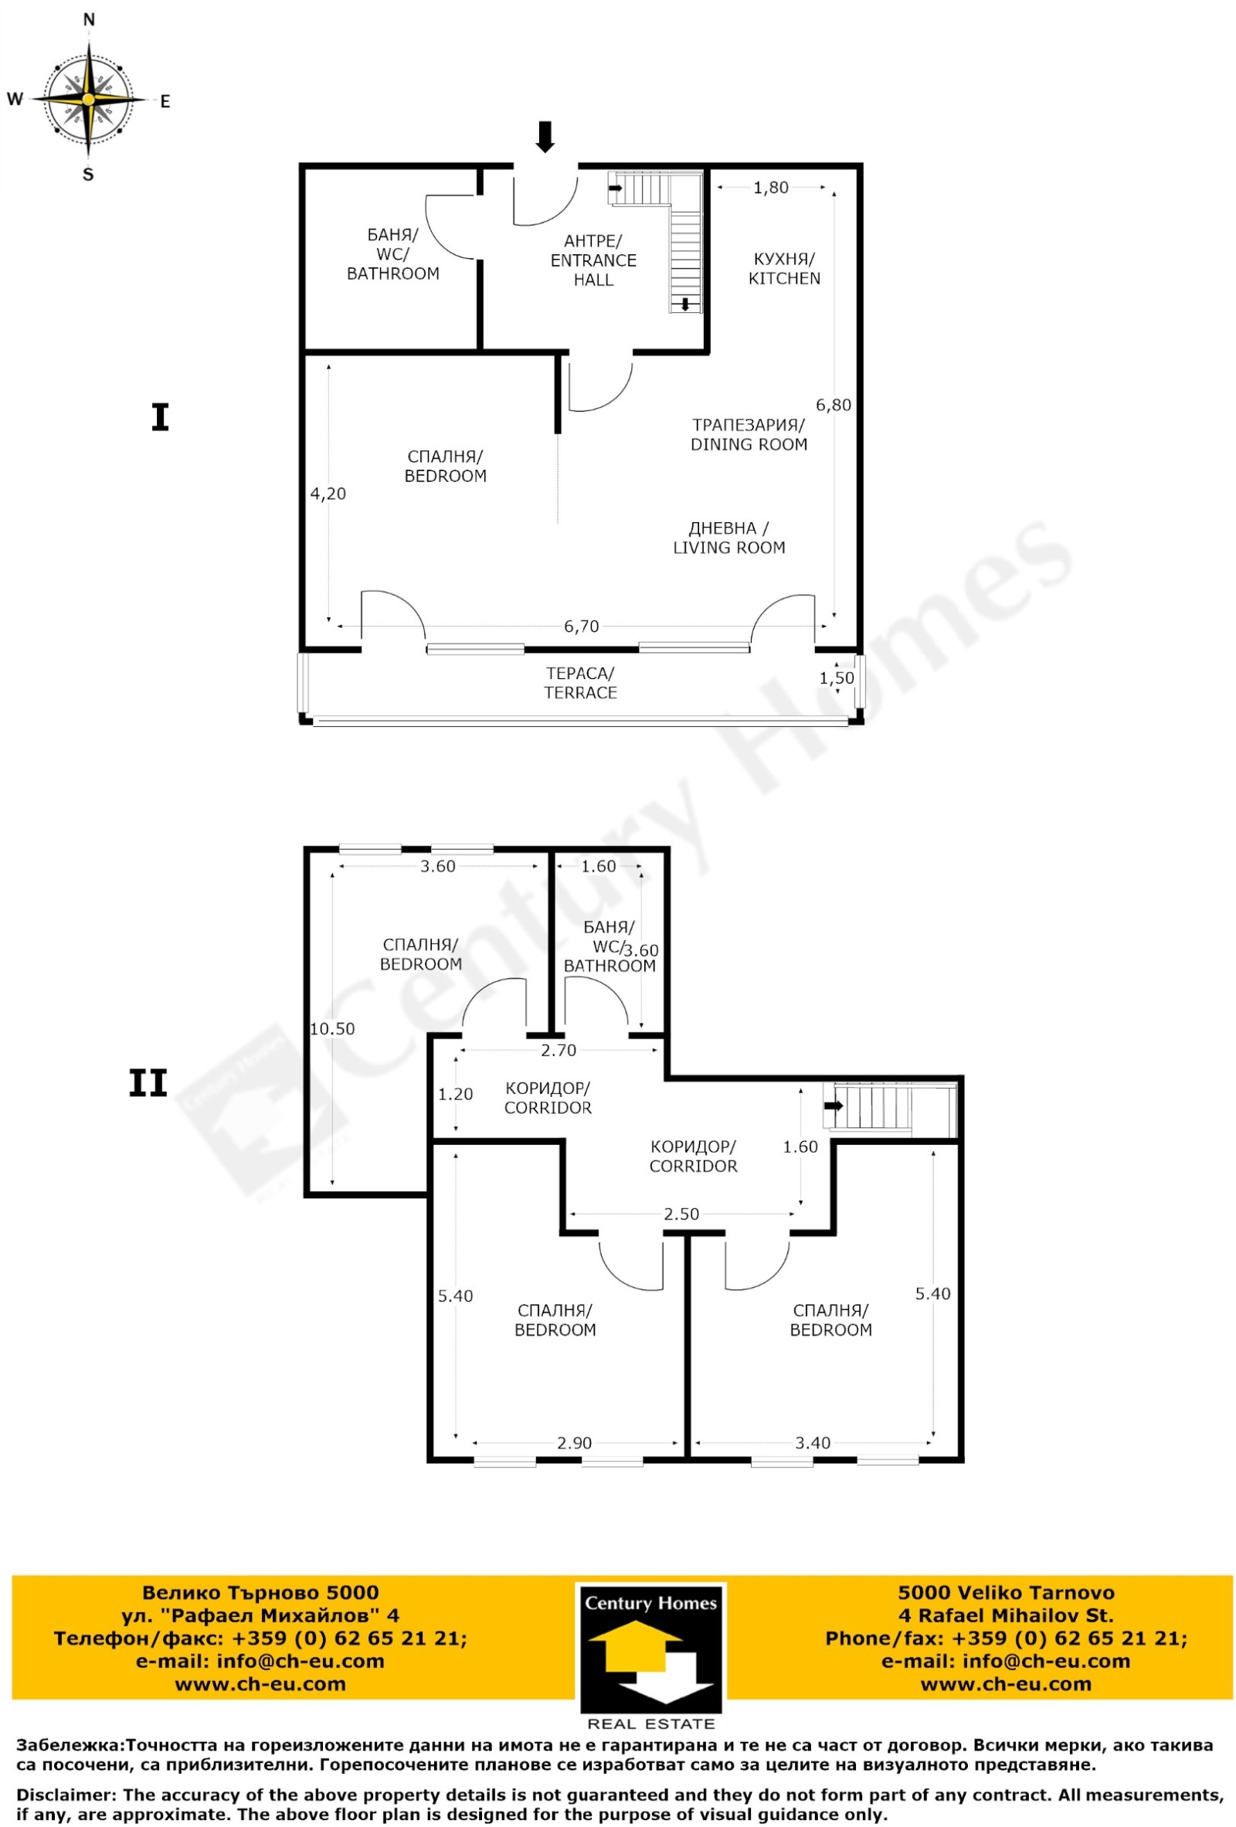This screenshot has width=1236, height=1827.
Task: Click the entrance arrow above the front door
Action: [545, 137]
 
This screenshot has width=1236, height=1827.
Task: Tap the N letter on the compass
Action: [89, 19]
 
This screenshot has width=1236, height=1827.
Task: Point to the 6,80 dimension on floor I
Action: [834, 405]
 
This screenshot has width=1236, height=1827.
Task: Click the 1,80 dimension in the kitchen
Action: [770, 187]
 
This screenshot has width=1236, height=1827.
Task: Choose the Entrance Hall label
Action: [593, 260]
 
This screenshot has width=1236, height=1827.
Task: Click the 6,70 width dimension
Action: [581, 626]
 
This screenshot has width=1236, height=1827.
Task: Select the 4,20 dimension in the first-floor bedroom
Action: [328, 494]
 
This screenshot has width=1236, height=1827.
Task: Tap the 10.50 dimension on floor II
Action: [332, 1028]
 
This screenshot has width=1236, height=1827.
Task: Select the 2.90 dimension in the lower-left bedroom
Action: [574, 1442]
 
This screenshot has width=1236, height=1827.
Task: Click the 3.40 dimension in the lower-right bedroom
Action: [812, 1442]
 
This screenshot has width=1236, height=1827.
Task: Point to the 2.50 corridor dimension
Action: [681, 1214]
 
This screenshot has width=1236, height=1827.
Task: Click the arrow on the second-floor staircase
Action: [834, 1105]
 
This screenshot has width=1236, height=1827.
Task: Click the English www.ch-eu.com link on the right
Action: [1006, 1684]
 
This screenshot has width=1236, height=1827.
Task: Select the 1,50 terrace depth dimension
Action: [837, 677]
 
